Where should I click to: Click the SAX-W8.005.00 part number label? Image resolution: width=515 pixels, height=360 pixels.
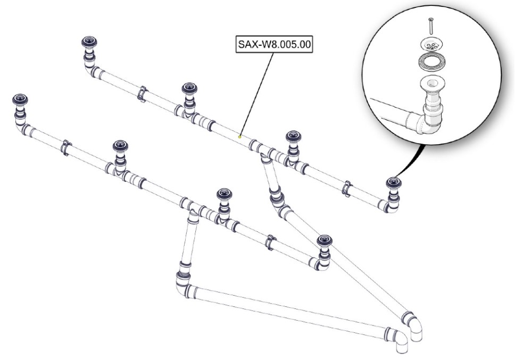pyautogui.click(x=273, y=44)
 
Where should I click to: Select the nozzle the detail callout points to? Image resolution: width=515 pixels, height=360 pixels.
pyautogui.click(x=394, y=183)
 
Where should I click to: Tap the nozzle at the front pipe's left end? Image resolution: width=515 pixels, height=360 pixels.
pyautogui.click(x=20, y=101)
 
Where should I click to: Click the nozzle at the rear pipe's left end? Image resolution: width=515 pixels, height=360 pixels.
pyautogui.click(x=88, y=44)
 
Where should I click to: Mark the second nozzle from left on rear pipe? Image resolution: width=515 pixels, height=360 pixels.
pyautogui.click(x=189, y=89)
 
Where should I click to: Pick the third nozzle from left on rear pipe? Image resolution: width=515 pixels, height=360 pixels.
pyautogui.click(x=292, y=137)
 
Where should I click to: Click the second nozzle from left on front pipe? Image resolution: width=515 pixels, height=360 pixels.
pyautogui.click(x=121, y=146)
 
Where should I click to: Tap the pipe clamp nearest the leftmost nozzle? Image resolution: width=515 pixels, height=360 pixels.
pyautogui.click(x=66, y=148)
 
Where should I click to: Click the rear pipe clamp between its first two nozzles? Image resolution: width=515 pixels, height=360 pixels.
pyautogui.click(x=142, y=94)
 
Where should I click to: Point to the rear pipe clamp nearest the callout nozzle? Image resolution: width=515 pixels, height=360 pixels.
pyautogui.click(x=346, y=187)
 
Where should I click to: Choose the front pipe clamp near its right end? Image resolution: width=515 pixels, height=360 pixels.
pyautogui.click(x=270, y=241)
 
